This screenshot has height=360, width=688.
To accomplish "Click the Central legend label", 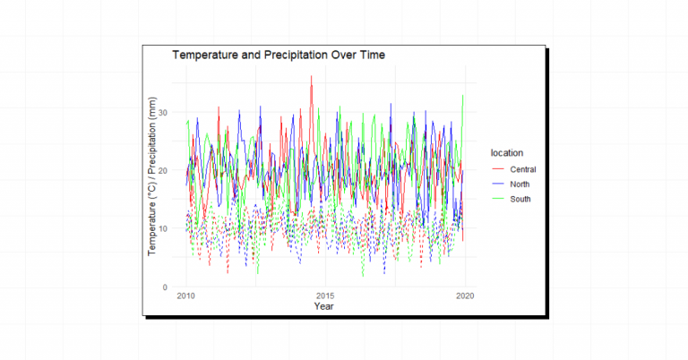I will click(x=523, y=168).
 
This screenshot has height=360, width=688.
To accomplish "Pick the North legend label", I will click(x=520, y=184).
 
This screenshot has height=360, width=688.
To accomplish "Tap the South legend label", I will click(x=520, y=199).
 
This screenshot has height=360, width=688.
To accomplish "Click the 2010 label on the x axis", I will click(x=187, y=296).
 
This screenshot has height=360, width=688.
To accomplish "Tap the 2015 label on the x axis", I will click(x=326, y=296).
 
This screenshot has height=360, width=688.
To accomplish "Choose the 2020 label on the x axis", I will click(x=464, y=296).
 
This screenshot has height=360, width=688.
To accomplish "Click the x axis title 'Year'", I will click(x=325, y=307).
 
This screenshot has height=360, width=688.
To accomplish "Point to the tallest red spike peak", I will click(x=311, y=77).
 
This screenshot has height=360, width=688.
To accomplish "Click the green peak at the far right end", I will click(x=462, y=96).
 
